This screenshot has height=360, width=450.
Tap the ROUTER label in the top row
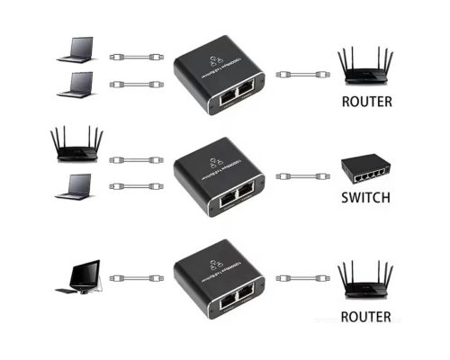[x=366, y=102]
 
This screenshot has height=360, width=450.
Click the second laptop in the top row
[x=76, y=85]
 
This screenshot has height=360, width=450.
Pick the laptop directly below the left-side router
[x=76, y=186]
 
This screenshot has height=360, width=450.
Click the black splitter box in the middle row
[x=217, y=176]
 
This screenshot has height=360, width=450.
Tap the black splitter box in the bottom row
[x=217, y=279]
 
